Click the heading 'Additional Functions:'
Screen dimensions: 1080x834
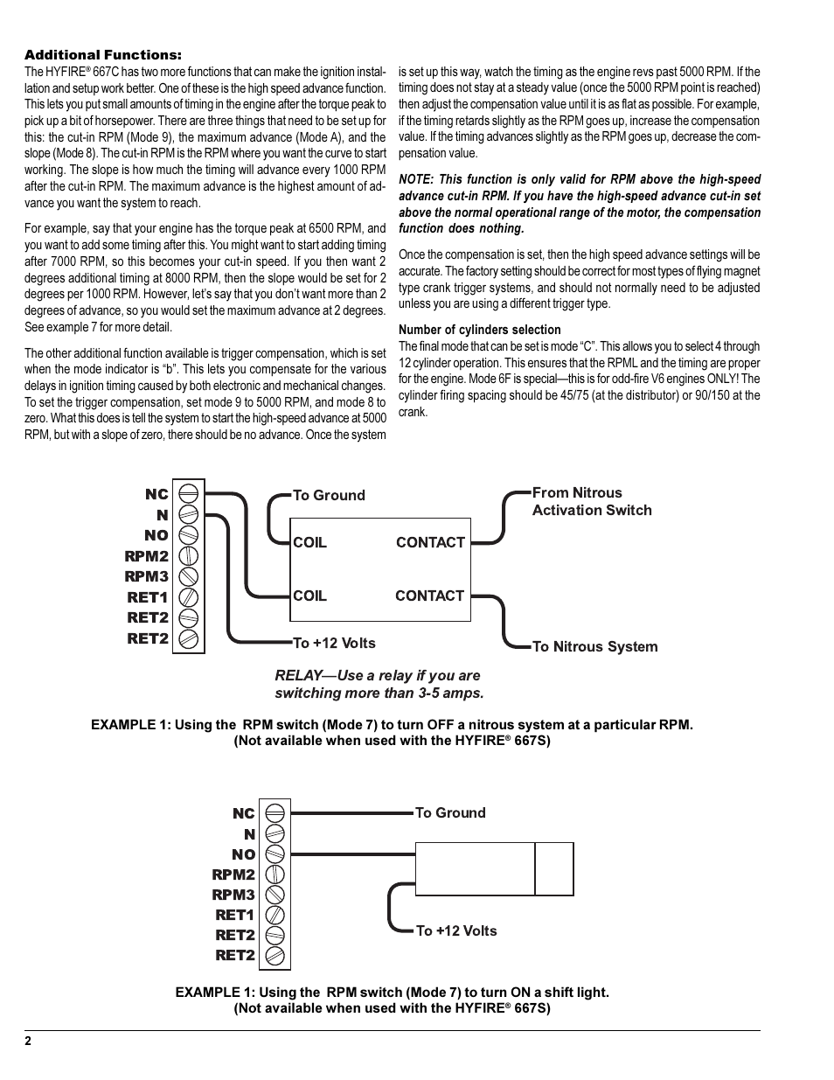pyautogui.click(x=102, y=55)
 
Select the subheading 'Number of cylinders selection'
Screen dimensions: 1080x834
pyautogui.click(x=479, y=330)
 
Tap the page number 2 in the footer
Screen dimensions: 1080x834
pyautogui.click(x=28, y=1042)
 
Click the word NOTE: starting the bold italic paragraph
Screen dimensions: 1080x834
pyautogui.click(x=416, y=179)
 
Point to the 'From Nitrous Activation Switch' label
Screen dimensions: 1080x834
pyautogui.click(x=591, y=502)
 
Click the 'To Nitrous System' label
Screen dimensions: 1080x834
pyautogui.click(x=594, y=647)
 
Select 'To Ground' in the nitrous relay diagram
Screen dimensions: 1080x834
pyautogui.click(x=329, y=496)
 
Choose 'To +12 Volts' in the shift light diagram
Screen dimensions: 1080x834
pyautogui.click(x=455, y=931)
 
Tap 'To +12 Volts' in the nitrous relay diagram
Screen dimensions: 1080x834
pyautogui.click(x=334, y=644)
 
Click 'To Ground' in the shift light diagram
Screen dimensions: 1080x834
pyautogui.click(x=450, y=813)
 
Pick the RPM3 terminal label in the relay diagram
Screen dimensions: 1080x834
pyautogui.click(x=146, y=577)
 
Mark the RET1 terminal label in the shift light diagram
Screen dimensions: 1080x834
pyautogui.click(x=234, y=916)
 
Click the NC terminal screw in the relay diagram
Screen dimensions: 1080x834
pyautogui.click(x=188, y=494)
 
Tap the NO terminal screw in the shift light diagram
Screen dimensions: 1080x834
pyautogui.click(x=275, y=854)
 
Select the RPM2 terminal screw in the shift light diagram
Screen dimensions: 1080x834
pyautogui.click(x=275, y=874)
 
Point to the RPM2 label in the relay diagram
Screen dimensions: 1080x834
pyautogui.click(x=146, y=556)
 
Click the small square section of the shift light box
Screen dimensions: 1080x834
pyautogui.click(x=554, y=869)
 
